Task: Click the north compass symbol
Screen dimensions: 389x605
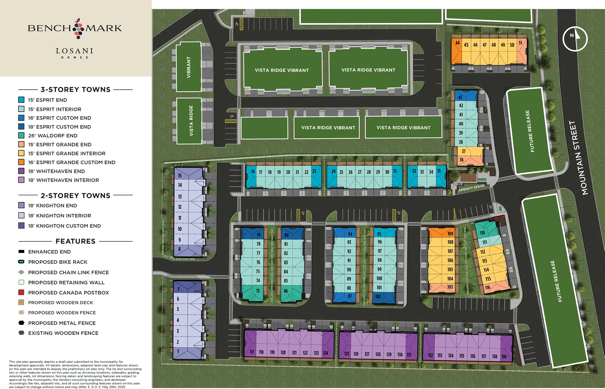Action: (x=575, y=39)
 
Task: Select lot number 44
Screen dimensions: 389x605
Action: (x=457, y=43)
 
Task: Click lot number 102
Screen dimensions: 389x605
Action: (x=378, y=297)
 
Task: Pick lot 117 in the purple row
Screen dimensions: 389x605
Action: (x=252, y=352)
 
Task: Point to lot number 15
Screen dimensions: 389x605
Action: (x=180, y=176)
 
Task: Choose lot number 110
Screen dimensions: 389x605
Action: (x=482, y=233)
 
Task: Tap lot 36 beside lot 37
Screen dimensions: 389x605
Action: (x=461, y=160)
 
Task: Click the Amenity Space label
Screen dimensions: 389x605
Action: (x=471, y=188)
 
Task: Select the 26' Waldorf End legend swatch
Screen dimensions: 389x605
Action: (x=22, y=136)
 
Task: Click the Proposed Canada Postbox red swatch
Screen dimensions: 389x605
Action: (x=22, y=293)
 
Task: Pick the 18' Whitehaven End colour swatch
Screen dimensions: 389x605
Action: (x=22, y=171)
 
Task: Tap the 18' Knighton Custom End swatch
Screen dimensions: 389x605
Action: (x=22, y=226)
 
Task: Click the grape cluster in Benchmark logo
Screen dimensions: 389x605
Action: (x=78, y=29)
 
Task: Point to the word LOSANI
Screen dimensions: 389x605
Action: (x=75, y=51)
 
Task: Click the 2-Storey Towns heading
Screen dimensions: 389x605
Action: (x=75, y=196)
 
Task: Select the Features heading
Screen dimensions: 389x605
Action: (x=75, y=241)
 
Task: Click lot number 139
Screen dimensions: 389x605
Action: (x=504, y=357)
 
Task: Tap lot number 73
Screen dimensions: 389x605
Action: (x=258, y=291)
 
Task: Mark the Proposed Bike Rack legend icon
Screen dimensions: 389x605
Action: (x=21, y=262)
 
